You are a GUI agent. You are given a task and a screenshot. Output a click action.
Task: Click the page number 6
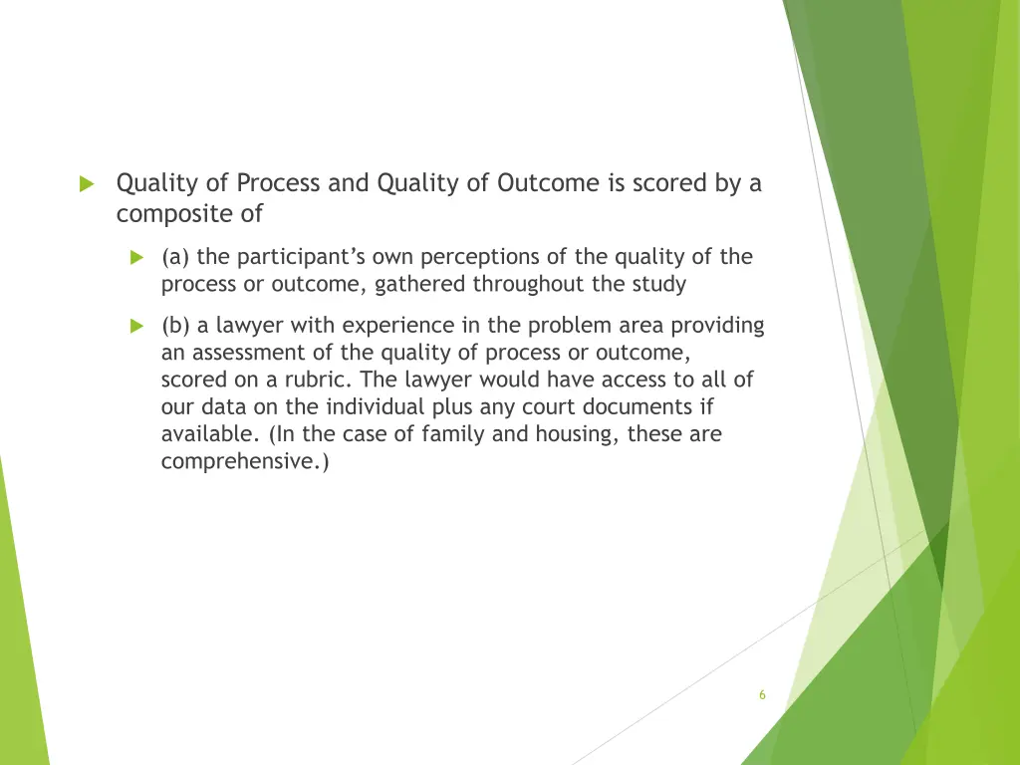tap(762, 695)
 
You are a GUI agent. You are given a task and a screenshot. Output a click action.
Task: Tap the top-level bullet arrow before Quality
tap(86, 184)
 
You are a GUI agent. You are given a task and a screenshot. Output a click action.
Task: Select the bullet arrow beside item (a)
tap(137, 258)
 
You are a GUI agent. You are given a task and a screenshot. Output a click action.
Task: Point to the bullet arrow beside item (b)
tap(137, 326)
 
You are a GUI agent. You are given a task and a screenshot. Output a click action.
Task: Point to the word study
tap(659, 284)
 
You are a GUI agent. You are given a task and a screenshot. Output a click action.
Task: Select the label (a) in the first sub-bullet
tap(176, 257)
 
